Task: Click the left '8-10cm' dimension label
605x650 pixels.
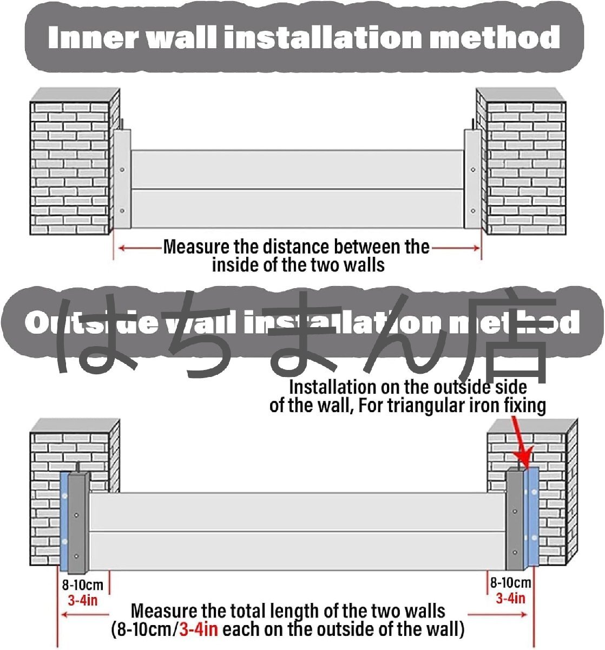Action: (82, 586)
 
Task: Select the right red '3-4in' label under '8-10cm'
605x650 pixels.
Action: (510, 598)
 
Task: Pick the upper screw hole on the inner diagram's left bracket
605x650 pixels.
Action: (122, 170)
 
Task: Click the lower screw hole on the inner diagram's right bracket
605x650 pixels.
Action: (474, 211)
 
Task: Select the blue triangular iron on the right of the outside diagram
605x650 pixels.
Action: (532, 517)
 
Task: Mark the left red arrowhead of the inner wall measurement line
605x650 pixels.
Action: (122, 248)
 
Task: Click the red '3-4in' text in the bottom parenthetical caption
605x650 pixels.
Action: (199, 630)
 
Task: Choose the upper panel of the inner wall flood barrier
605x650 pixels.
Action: (297, 169)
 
